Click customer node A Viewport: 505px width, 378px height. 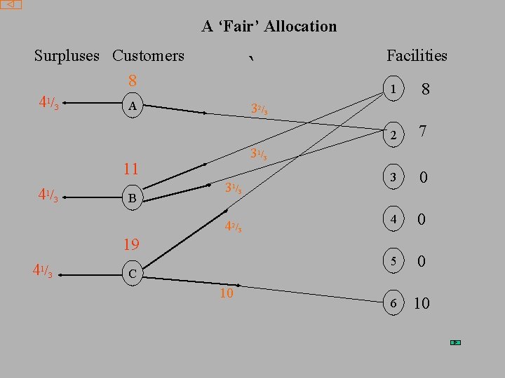(131, 106)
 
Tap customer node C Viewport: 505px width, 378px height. (131, 274)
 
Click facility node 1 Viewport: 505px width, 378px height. (395, 90)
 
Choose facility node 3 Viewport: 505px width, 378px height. (395, 178)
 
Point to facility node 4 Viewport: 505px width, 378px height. (395, 220)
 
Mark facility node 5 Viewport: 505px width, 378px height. (395, 261)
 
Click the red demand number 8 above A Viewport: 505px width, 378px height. (132, 81)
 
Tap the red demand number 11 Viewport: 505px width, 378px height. (130, 169)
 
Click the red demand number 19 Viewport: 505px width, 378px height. (131, 244)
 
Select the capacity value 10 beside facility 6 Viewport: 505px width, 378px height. (422, 302)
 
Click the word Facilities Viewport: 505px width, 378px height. (417, 55)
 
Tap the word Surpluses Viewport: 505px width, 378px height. (67, 55)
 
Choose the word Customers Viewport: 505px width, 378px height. (148, 55)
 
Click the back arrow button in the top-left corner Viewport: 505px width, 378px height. (11, 4)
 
